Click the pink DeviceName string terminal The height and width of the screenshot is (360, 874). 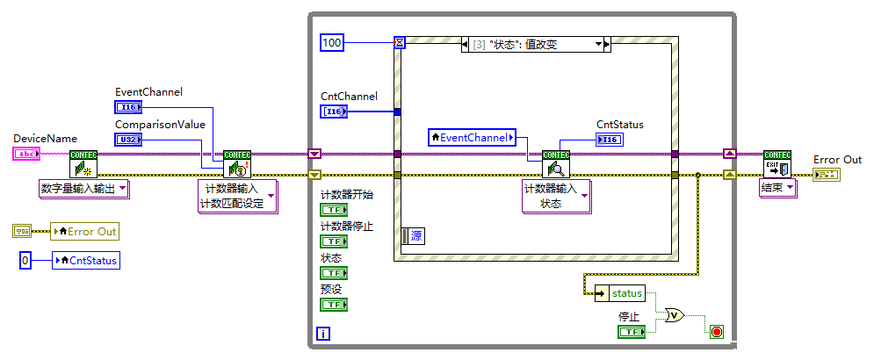tap(25, 154)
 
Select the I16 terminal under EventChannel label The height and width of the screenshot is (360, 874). tap(127, 107)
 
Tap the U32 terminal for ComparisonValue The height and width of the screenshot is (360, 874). tap(127, 140)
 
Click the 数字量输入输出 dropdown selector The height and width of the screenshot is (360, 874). tap(83, 188)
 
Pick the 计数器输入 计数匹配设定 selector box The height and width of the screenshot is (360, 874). tap(236, 197)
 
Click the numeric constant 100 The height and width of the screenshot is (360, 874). tap(331, 42)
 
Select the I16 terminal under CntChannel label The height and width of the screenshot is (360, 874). tap(335, 112)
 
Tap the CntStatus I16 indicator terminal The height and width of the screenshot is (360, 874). tap(609, 139)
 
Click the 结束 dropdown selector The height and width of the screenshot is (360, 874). tap(777, 188)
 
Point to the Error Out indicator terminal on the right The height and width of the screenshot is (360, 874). tap(826, 175)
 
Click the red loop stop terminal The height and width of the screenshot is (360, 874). tap(716, 331)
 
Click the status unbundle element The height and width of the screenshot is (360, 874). tap(625, 293)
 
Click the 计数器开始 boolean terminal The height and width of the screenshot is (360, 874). tap(333, 210)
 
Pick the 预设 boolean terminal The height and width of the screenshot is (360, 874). tap(333, 304)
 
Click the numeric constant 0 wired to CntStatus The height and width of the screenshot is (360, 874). tap(25, 260)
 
